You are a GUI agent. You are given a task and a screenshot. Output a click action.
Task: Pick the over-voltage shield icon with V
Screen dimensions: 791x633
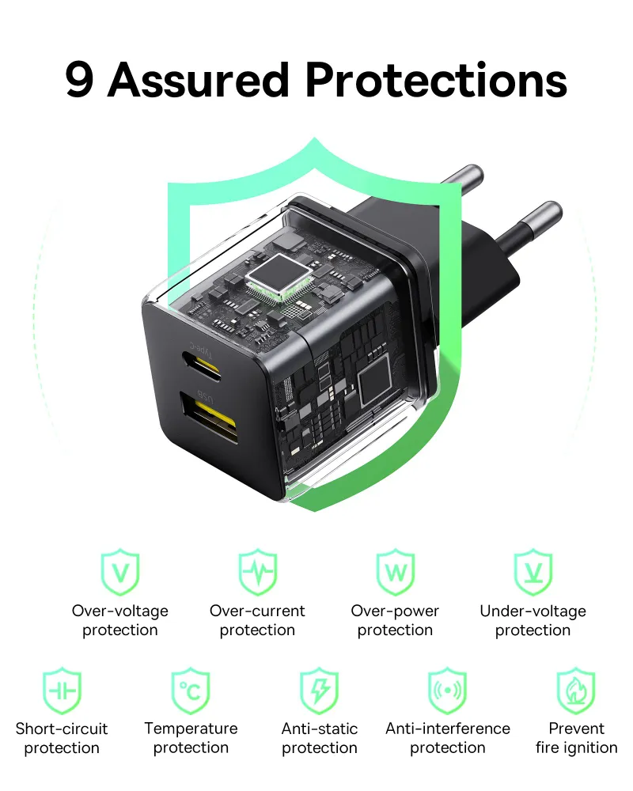point(120,572)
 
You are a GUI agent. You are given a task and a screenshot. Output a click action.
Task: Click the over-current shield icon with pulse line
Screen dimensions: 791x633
point(258,572)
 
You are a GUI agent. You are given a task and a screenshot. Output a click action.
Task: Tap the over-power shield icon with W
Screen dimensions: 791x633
point(395,572)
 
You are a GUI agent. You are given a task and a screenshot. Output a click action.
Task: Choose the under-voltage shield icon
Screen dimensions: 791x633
point(533,572)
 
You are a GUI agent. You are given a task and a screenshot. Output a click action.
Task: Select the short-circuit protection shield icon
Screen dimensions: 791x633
point(62,691)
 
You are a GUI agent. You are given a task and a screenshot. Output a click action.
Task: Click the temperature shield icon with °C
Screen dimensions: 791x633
point(191,691)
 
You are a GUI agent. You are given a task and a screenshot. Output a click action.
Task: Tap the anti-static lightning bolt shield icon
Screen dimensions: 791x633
point(320,691)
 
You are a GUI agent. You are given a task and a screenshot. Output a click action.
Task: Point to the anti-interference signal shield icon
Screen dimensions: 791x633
point(448,691)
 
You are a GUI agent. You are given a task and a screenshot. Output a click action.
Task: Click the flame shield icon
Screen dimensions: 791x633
point(576,691)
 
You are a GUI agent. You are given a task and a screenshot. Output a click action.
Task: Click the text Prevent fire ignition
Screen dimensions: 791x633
point(576,738)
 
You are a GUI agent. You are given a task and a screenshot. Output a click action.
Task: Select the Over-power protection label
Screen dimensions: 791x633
point(395,620)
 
